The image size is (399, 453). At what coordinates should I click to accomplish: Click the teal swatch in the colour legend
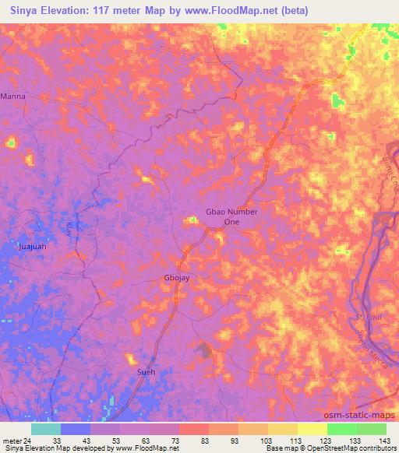(45, 428)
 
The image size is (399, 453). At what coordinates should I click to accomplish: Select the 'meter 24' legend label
(15, 440)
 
